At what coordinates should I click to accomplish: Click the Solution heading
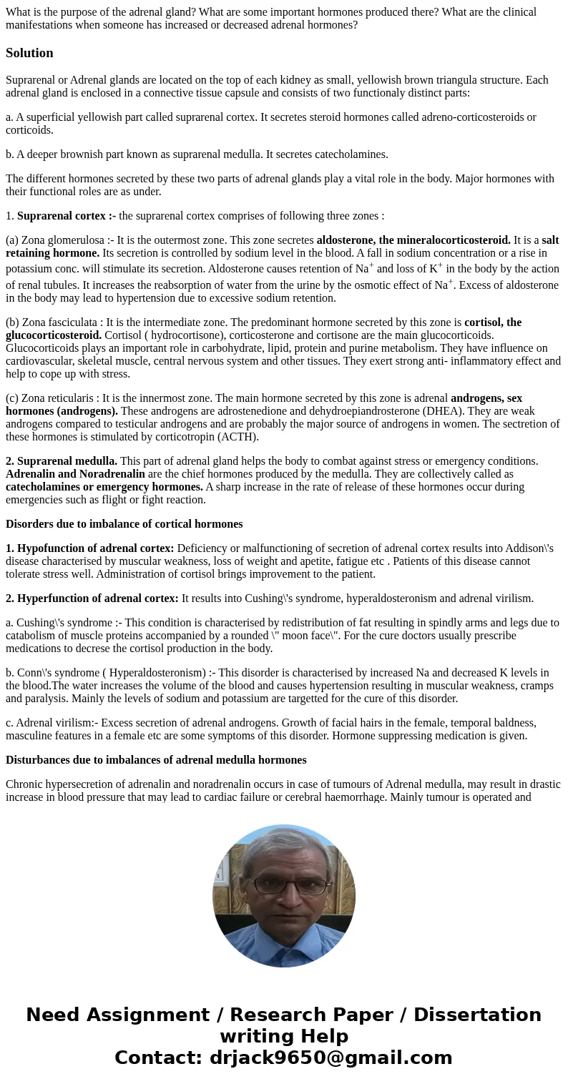[29, 53]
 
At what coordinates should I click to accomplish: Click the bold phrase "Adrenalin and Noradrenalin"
[75, 474]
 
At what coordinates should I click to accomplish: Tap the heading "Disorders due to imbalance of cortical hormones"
[124, 524]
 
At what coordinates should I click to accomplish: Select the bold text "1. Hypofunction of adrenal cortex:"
[89, 548]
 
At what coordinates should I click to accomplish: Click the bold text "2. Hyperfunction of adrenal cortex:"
[92, 598]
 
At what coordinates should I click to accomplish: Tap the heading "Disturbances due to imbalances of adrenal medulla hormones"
[156, 760]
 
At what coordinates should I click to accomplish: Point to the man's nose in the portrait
[284, 897]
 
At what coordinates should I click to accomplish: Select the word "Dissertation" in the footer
[477, 1015]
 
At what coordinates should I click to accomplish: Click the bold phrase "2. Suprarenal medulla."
[62, 461]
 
